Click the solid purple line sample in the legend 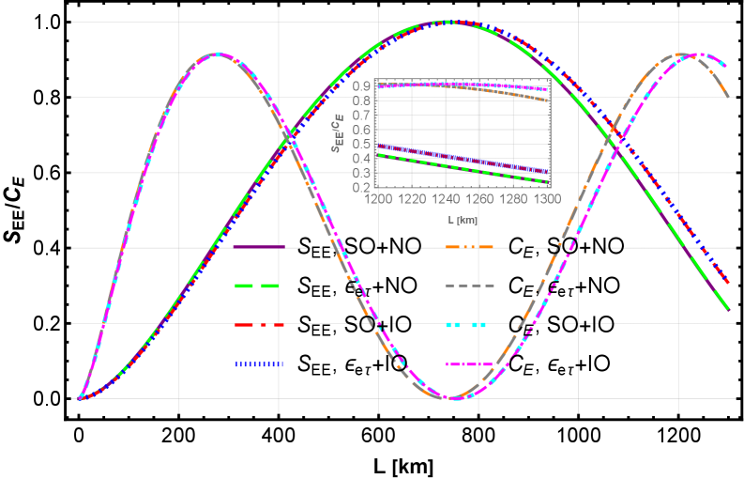259,248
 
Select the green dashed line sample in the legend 259,286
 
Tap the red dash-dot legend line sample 259,325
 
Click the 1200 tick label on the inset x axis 378,200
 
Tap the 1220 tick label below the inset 412,200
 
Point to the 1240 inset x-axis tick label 446,200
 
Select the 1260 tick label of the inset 479,200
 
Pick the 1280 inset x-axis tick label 513,200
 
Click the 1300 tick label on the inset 547,200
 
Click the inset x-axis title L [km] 463,220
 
